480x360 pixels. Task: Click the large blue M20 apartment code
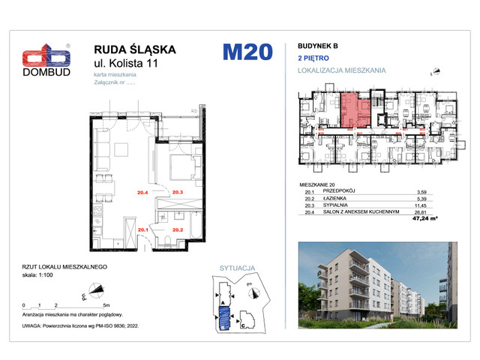click(x=244, y=52)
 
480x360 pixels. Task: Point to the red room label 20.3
click(x=178, y=193)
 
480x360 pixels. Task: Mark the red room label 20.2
click(x=178, y=230)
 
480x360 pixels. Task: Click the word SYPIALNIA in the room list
click(x=338, y=205)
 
